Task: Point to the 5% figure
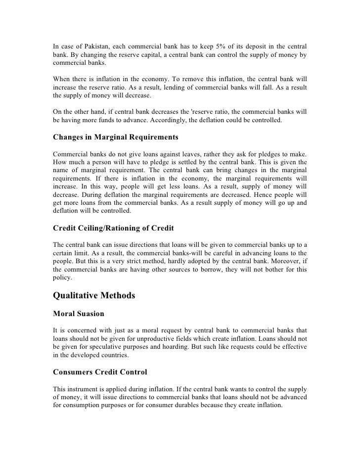232,47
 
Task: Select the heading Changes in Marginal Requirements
116,136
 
